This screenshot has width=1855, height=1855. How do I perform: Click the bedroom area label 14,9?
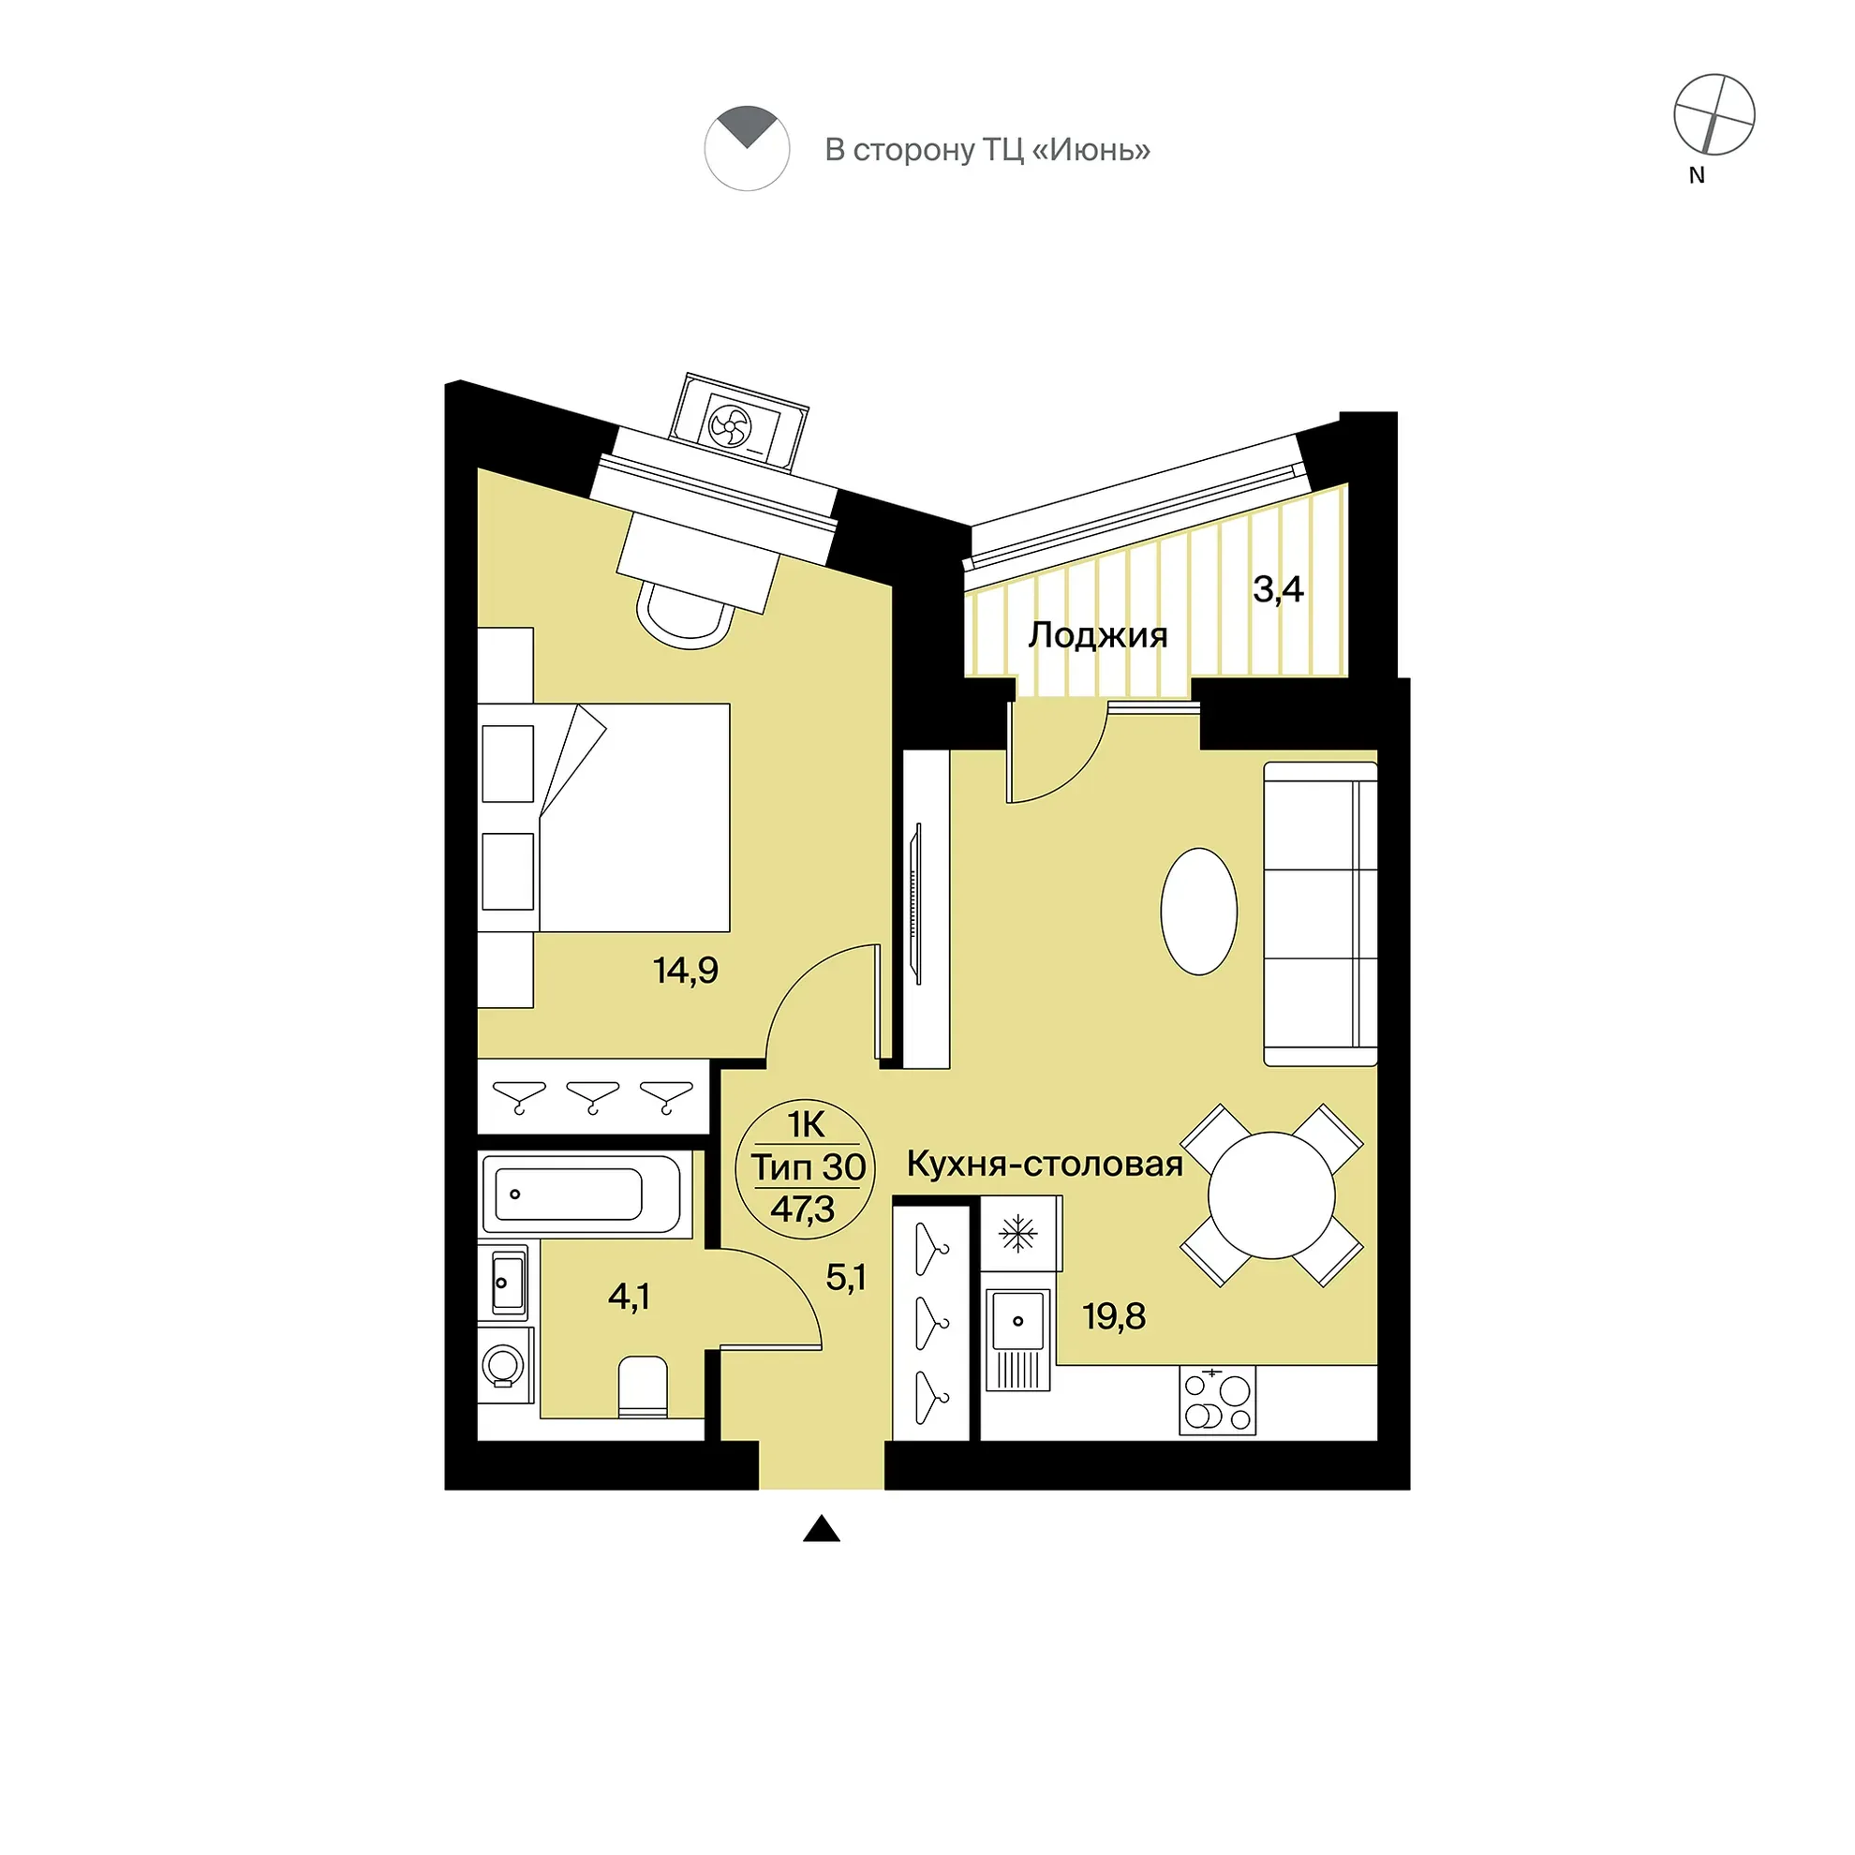686,971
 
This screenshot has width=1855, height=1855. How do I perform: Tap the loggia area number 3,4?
1278,589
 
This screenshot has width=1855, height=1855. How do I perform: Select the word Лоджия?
1098,635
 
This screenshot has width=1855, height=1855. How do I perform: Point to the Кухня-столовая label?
1045,1164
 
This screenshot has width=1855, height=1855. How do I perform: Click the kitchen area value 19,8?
1114,1316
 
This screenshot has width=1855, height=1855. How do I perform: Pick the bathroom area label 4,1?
629,1298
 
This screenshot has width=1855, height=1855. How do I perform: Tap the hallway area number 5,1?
846,1278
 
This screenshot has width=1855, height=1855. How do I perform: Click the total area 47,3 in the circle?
803,1209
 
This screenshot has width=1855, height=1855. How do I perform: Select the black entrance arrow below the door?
821,1529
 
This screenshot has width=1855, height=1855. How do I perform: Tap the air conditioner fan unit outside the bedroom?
738,423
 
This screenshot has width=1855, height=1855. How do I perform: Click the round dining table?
1271,1195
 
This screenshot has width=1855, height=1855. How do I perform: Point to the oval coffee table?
1199,912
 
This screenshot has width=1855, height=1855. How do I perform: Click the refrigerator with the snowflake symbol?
1020,1234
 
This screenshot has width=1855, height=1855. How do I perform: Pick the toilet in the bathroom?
643,1387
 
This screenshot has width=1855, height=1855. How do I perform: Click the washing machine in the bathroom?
505,1364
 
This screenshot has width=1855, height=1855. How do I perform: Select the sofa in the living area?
1320,914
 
